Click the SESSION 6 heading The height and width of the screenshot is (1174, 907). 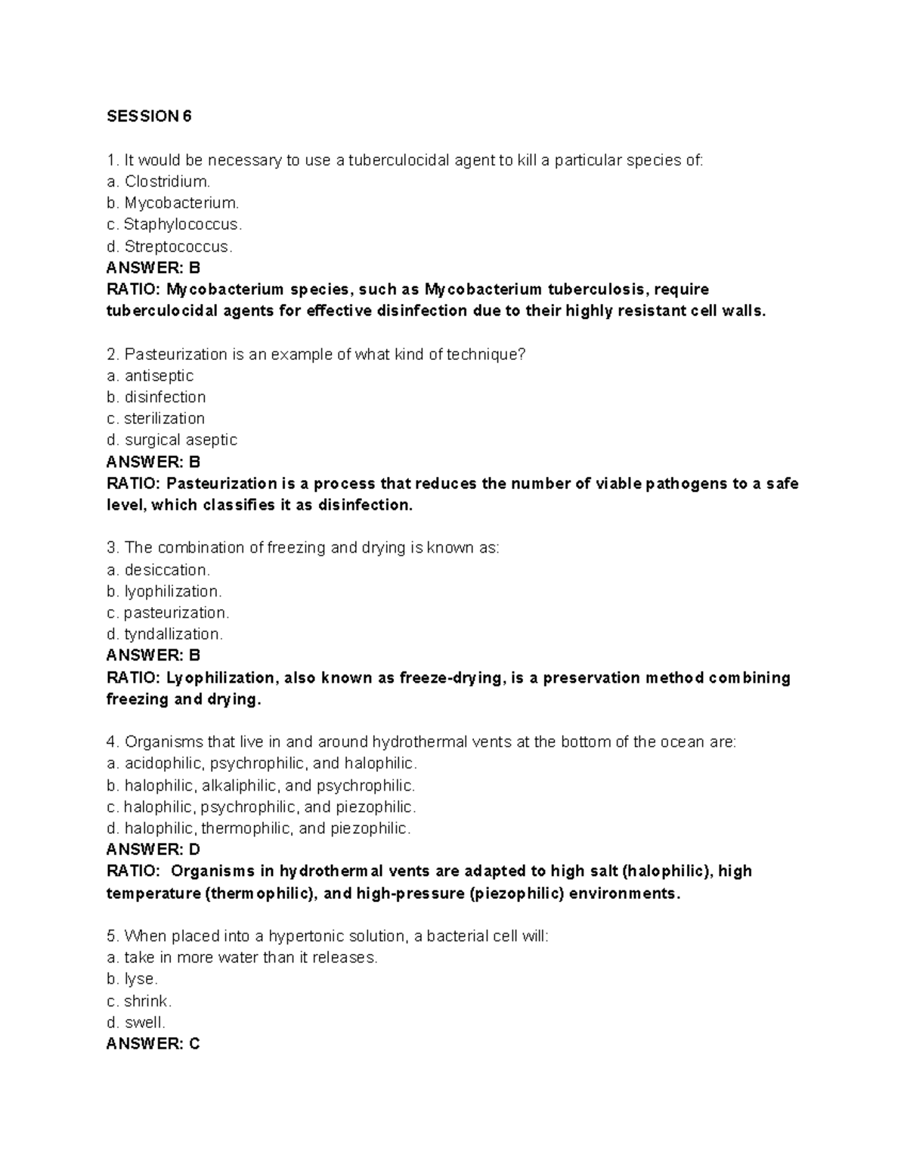pyautogui.click(x=149, y=116)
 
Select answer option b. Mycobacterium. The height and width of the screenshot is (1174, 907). pyautogui.click(x=172, y=203)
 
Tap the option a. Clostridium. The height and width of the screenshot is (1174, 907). pyautogui.click(x=158, y=181)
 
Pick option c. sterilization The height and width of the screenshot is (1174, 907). pyautogui.click(x=156, y=418)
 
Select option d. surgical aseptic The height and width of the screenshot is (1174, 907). pyautogui.click(x=172, y=440)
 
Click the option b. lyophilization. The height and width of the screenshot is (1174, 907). pyautogui.click(x=164, y=591)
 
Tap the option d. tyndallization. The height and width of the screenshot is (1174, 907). pyautogui.click(x=165, y=633)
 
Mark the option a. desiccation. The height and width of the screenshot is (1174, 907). pyautogui.click(x=158, y=569)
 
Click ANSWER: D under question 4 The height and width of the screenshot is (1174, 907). pyautogui.click(x=153, y=850)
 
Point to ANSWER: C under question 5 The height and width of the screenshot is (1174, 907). pyautogui.click(x=153, y=1044)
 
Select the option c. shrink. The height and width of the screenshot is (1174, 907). pyautogui.click(x=139, y=1001)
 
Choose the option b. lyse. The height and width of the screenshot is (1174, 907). pyautogui.click(x=132, y=979)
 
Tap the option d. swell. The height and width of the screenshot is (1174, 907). pyautogui.click(x=136, y=1022)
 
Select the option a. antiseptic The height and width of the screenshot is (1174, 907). pyautogui.click(x=150, y=376)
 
